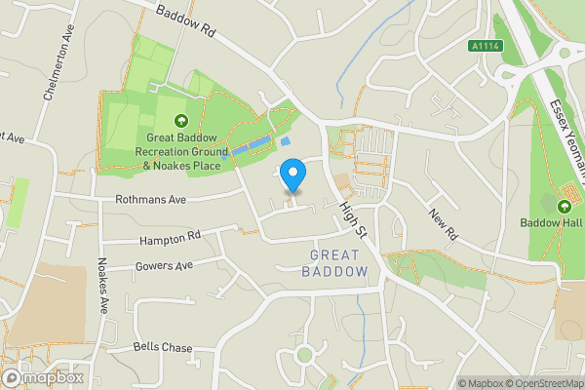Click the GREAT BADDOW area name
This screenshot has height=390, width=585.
coord(338,262)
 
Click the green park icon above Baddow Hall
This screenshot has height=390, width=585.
coord(564,206)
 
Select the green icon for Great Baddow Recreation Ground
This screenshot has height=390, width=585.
coord(180,121)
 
